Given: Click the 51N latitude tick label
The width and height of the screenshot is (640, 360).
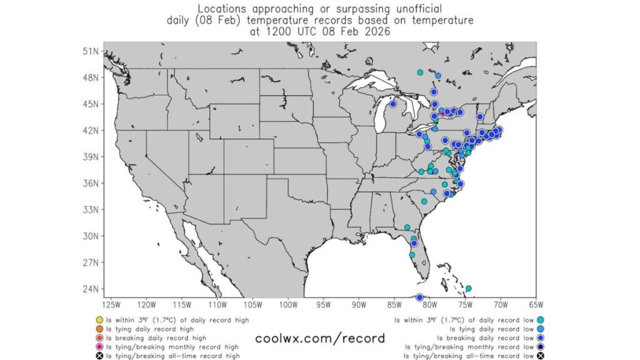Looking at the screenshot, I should pos(92,51).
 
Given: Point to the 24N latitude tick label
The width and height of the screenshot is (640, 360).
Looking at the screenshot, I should pos(92,289).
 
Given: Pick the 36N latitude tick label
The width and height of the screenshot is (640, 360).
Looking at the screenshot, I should pos(92,184).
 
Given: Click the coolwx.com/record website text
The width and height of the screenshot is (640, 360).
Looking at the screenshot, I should pos(320,339).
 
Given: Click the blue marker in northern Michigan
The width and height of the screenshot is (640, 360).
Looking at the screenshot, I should pos(393,104).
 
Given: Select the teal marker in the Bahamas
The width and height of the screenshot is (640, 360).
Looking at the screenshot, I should pos(469,289).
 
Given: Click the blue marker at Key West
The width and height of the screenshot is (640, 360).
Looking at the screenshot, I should pos(420,297).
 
